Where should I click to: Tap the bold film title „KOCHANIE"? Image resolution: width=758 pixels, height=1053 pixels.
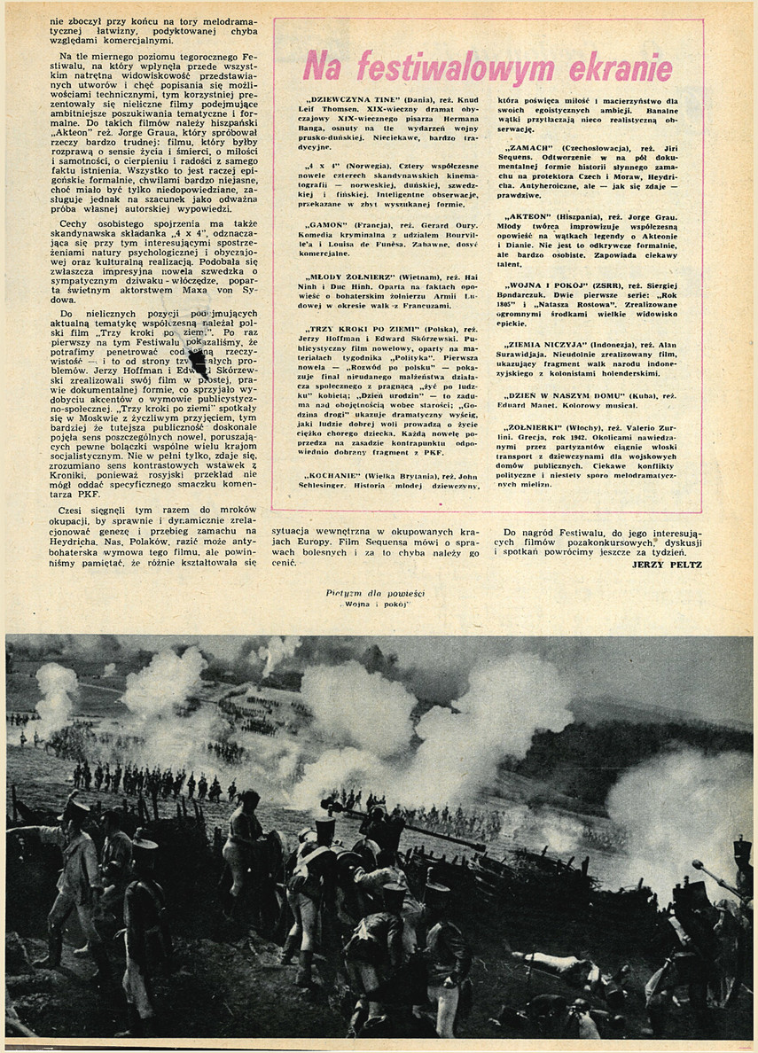[x=325, y=476]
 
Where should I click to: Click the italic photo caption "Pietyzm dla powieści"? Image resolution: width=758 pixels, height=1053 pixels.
[x=363, y=591]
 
